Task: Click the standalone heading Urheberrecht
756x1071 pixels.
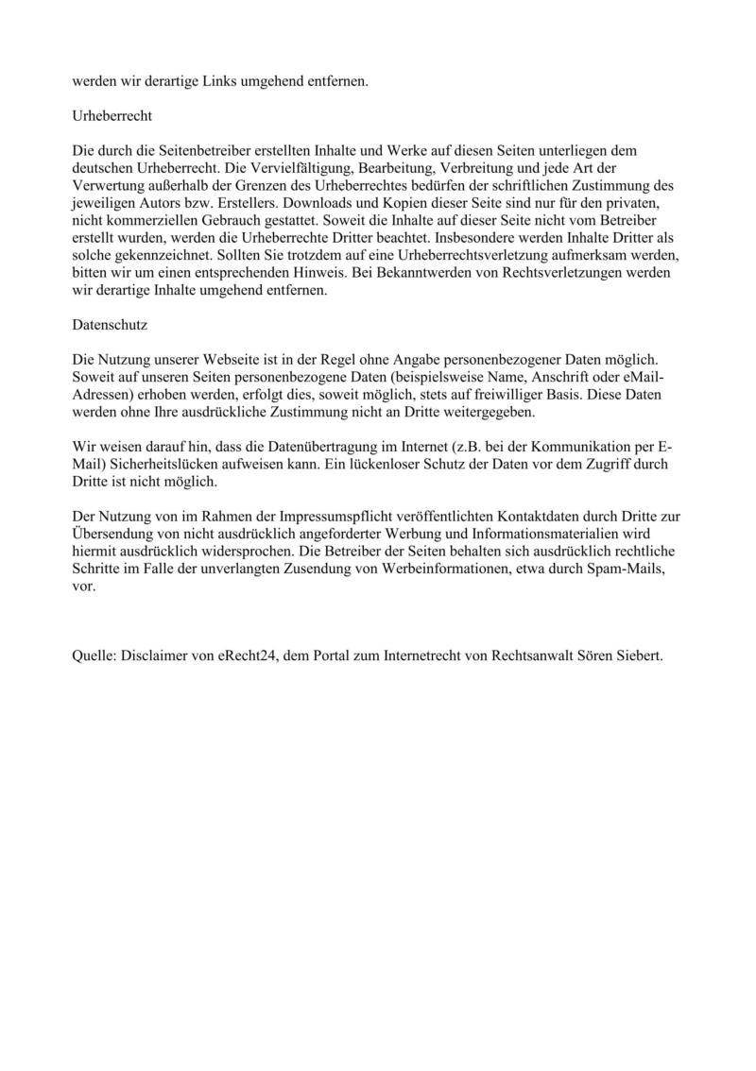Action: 112,116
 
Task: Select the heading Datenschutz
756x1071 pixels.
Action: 108,324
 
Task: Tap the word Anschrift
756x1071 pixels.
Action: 549,377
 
